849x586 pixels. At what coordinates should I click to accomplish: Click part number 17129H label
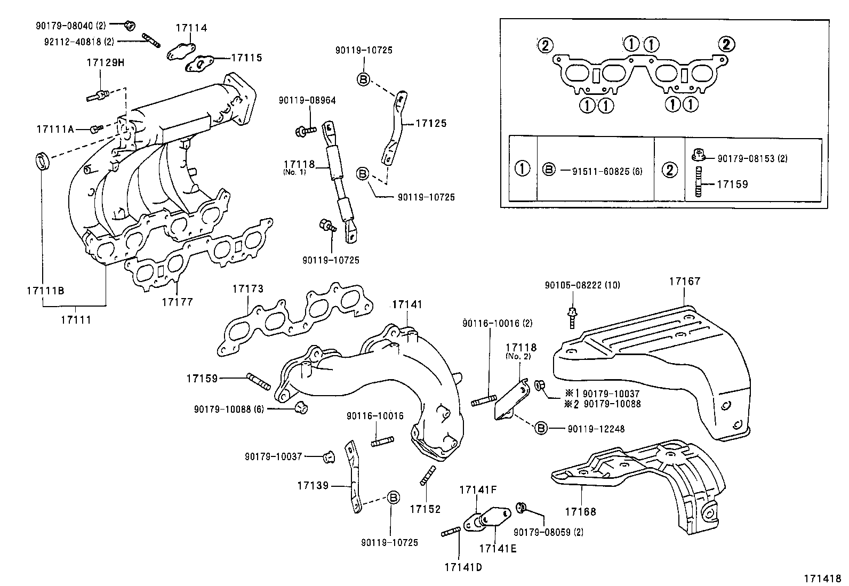(105, 63)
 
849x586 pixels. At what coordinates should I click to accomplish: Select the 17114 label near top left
(191, 28)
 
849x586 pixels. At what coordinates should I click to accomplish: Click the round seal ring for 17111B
(43, 160)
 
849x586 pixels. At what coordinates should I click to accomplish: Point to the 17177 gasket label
(177, 302)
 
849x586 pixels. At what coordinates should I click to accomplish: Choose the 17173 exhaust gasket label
(247, 289)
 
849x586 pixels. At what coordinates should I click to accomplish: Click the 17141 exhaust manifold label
(406, 304)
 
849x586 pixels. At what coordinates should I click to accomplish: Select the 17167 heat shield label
(685, 281)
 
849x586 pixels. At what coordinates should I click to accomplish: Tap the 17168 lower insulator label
(580, 512)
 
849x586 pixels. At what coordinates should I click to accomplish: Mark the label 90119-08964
(307, 100)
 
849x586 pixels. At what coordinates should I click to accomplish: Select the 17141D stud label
(462, 567)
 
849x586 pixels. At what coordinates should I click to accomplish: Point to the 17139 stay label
(313, 486)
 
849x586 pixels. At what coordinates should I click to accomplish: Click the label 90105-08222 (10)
(582, 285)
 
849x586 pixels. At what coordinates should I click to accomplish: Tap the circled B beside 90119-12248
(540, 428)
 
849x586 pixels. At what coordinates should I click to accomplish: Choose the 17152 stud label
(425, 509)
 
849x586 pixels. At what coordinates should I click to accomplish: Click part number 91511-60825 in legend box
(607, 171)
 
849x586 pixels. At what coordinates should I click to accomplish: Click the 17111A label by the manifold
(55, 129)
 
